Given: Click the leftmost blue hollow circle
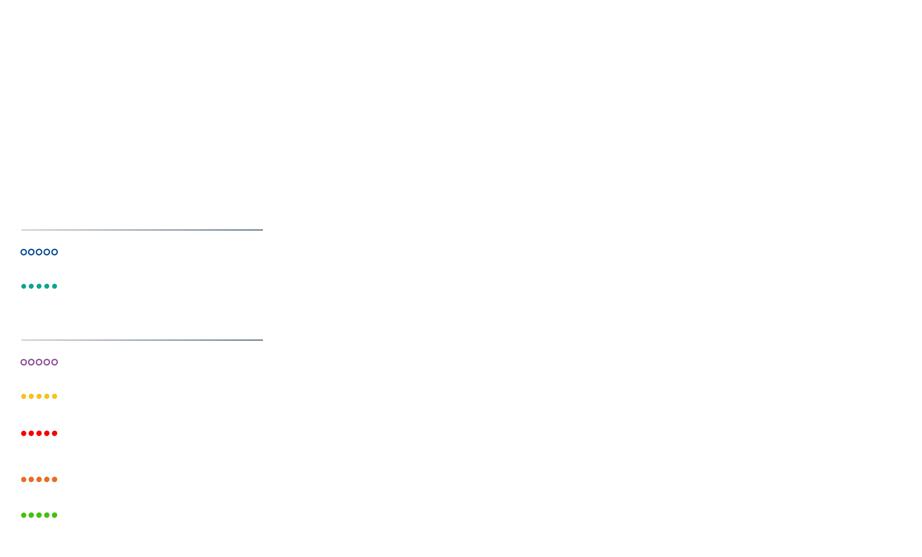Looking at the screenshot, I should (x=24, y=252).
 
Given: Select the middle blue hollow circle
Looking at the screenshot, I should (x=39, y=252).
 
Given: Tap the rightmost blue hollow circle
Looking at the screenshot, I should (x=55, y=252).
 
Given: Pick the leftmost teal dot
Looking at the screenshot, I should (x=24, y=286).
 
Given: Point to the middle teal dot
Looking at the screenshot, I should (x=39, y=286).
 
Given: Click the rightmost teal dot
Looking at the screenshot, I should (x=55, y=286).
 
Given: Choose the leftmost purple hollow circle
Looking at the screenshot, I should (x=24, y=362).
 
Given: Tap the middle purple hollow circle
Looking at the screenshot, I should (x=39, y=362).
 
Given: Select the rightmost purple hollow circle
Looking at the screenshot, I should (x=55, y=362).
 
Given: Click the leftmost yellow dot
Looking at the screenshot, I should (x=24, y=396).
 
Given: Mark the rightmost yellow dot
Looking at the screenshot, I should (x=55, y=396).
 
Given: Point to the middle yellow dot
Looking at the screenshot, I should (x=39, y=396).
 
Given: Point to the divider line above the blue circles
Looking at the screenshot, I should (x=142, y=230).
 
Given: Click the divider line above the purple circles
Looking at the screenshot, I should (x=142, y=340).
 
